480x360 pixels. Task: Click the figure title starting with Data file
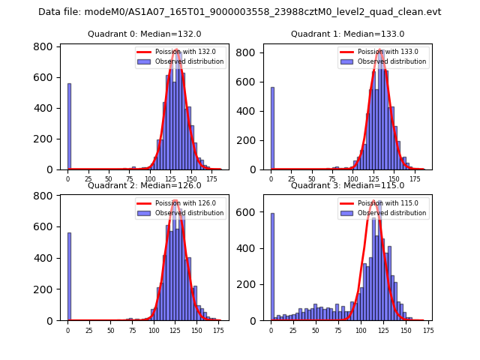[x=240, y=12]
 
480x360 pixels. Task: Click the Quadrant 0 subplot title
[x=144, y=34]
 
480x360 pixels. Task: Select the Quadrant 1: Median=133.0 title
[x=347, y=34]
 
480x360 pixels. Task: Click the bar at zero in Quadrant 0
[x=69, y=126]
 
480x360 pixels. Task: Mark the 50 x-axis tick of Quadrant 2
[x=111, y=331]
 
